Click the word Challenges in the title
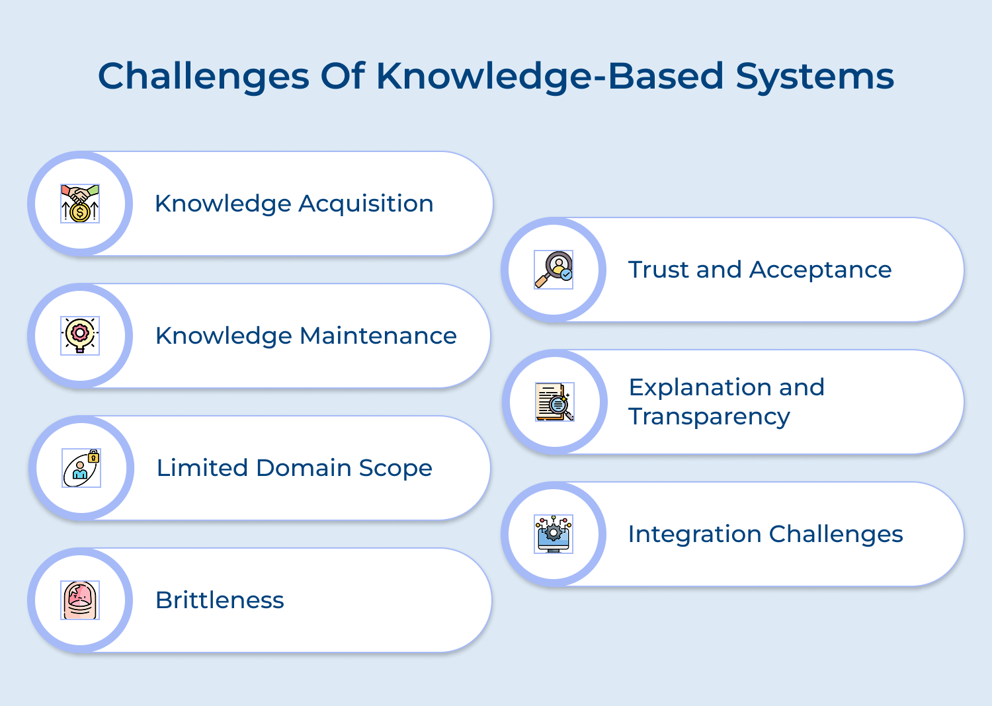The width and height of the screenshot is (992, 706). (x=204, y=77)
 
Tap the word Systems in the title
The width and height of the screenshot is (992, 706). (x=815, y=77)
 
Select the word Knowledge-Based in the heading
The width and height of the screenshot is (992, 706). (x=550, y=77)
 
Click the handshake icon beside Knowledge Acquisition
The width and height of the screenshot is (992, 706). (x=80, y=204)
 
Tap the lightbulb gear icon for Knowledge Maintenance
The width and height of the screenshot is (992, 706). (x=80, y=336)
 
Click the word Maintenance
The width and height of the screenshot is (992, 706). (x=378, y=336)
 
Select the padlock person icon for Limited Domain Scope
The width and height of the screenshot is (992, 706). (x=81, y=468)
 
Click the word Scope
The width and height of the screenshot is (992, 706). (x=395, y=469)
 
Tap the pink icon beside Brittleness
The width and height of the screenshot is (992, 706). (x=80, y=600)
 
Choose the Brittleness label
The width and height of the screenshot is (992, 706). (x=220, y=600)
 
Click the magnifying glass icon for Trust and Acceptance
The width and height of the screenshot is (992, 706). (x=554, y=270)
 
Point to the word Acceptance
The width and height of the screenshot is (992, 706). (x=820, y=270)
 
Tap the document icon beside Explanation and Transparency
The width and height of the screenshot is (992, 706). (x=554, y=402)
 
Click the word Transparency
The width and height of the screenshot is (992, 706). (x=709, y=417)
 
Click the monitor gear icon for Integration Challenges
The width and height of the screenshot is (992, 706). (x=554, y=534)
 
